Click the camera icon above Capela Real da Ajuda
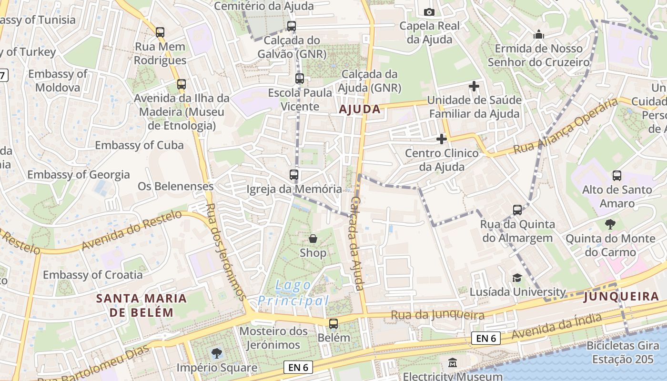pos(429,12)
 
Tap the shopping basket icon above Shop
pos(313,239)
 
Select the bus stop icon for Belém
pos(333,324)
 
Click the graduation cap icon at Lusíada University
pos(517,278)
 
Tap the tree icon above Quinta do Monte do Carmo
pos(610,224)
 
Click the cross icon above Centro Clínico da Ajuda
pos(442,139)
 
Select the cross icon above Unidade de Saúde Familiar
pos(474,86)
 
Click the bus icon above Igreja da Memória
pos(294,175)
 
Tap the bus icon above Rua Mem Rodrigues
pos(160,32)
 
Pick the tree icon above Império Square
pos(217,353)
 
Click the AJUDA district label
pos(360,109)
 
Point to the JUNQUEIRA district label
pos(621,297)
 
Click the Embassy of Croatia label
pos(92,275)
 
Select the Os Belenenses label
pos(175,186)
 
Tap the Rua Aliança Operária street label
pos(565,126)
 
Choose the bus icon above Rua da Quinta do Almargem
pos(517,210)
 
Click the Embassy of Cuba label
pos(139,145)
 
